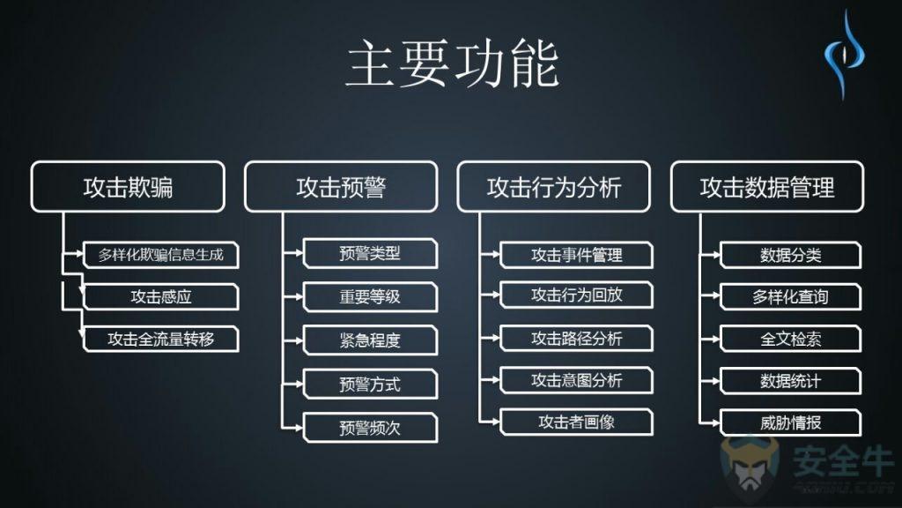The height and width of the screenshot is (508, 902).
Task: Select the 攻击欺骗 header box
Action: coord(128,186)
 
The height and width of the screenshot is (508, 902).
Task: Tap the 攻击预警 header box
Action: coord(341,186)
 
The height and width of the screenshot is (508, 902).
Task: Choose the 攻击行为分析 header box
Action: coord(554,186)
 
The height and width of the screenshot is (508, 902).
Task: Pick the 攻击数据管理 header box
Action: coord(767,186)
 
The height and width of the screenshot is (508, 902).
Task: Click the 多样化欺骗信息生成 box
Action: coord(161,256)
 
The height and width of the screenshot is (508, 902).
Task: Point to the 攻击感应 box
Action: coord(161,297)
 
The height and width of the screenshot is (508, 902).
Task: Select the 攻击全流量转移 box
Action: coord(161,340)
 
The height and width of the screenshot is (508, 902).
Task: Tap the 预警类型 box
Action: coord(370,254)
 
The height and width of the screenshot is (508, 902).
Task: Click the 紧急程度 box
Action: coord(370,340)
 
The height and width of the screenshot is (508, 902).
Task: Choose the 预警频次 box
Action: coord(370,428)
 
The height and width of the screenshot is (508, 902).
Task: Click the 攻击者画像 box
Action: coord(577,422)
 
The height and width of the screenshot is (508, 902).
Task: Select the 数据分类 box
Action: coord(790,256)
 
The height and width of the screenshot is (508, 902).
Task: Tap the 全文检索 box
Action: coord(790,339)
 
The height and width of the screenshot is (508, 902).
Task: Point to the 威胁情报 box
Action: coord(790,422)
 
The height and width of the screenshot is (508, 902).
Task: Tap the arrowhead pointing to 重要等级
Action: coord(299,297)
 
